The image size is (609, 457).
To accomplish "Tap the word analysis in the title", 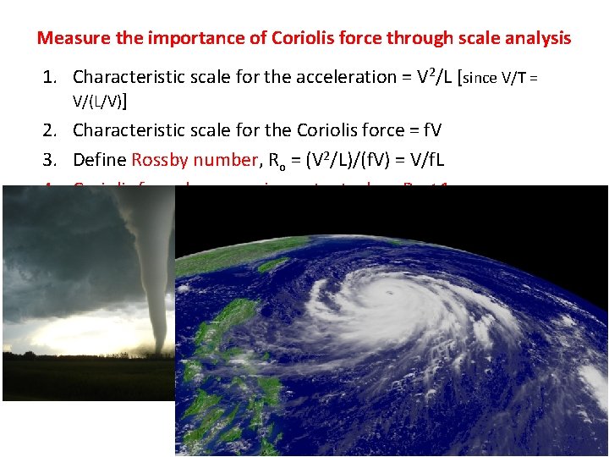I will tap(535, 38).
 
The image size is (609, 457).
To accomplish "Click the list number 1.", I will tap(50, 78).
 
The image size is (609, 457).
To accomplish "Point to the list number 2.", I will tap(50, 130).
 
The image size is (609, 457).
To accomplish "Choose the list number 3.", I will tap(50, 159).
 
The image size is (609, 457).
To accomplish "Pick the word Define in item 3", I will tap(99, 159).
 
